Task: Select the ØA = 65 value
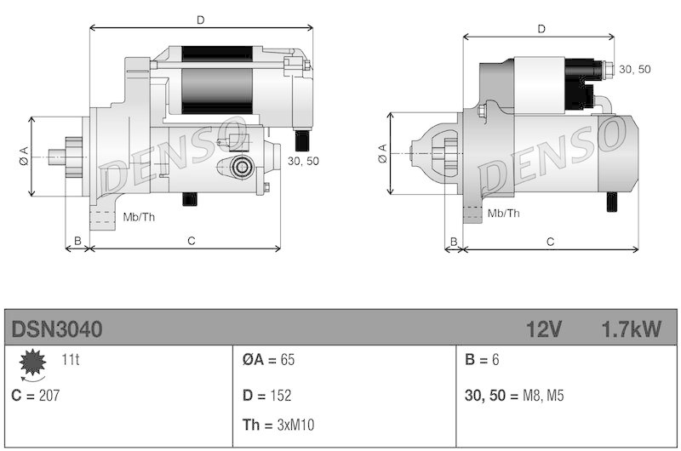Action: pyautogui.click(x=268, y=360)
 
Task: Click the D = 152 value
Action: pyautogui.click(x=267, y=396)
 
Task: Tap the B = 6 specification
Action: pyautogui.click(x=483, y=360)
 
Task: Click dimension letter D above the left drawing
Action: pyautogui.click(x=200, y=19)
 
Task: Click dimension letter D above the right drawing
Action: pyautogui.click(x=541, y=29)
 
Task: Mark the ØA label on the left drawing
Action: pyautogui.click(x=23, y=156)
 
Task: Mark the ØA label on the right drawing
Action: pyautogui.click(x=381, y=153)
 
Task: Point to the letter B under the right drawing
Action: pyautogui.click(x=454, y=242)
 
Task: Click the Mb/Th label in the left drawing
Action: pyautogui.click(x=139, y=216)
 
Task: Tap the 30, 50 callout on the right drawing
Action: pyautogui.click(x=635, y=69)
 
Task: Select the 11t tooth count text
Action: pyautogui.click(x=71, y=360)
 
